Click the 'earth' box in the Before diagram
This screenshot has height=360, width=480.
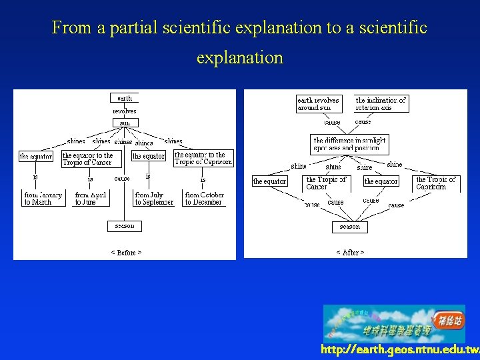point(125,97)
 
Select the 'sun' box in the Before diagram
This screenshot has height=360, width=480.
point(125,123)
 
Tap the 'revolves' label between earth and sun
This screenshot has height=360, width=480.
point(125,111)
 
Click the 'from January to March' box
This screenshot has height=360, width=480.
point(43,198)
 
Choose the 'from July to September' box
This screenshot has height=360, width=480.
point(154,198)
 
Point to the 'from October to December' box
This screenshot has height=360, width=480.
point(204,198)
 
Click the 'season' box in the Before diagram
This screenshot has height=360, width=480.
point(125,226)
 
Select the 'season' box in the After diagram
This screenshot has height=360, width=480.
point(349,227)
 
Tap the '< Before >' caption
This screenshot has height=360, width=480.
point(126,253)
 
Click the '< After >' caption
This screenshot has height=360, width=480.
point(350,253)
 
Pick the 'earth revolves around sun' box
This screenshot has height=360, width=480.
point(318,103)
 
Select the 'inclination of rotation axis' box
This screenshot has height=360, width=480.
point(381,103)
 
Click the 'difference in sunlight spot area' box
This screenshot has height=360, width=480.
point(350,144)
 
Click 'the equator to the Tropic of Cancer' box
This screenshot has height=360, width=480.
point(87,159)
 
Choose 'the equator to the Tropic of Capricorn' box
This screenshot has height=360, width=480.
point(203,159)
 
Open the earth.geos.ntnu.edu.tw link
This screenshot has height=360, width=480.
point(399,349)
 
